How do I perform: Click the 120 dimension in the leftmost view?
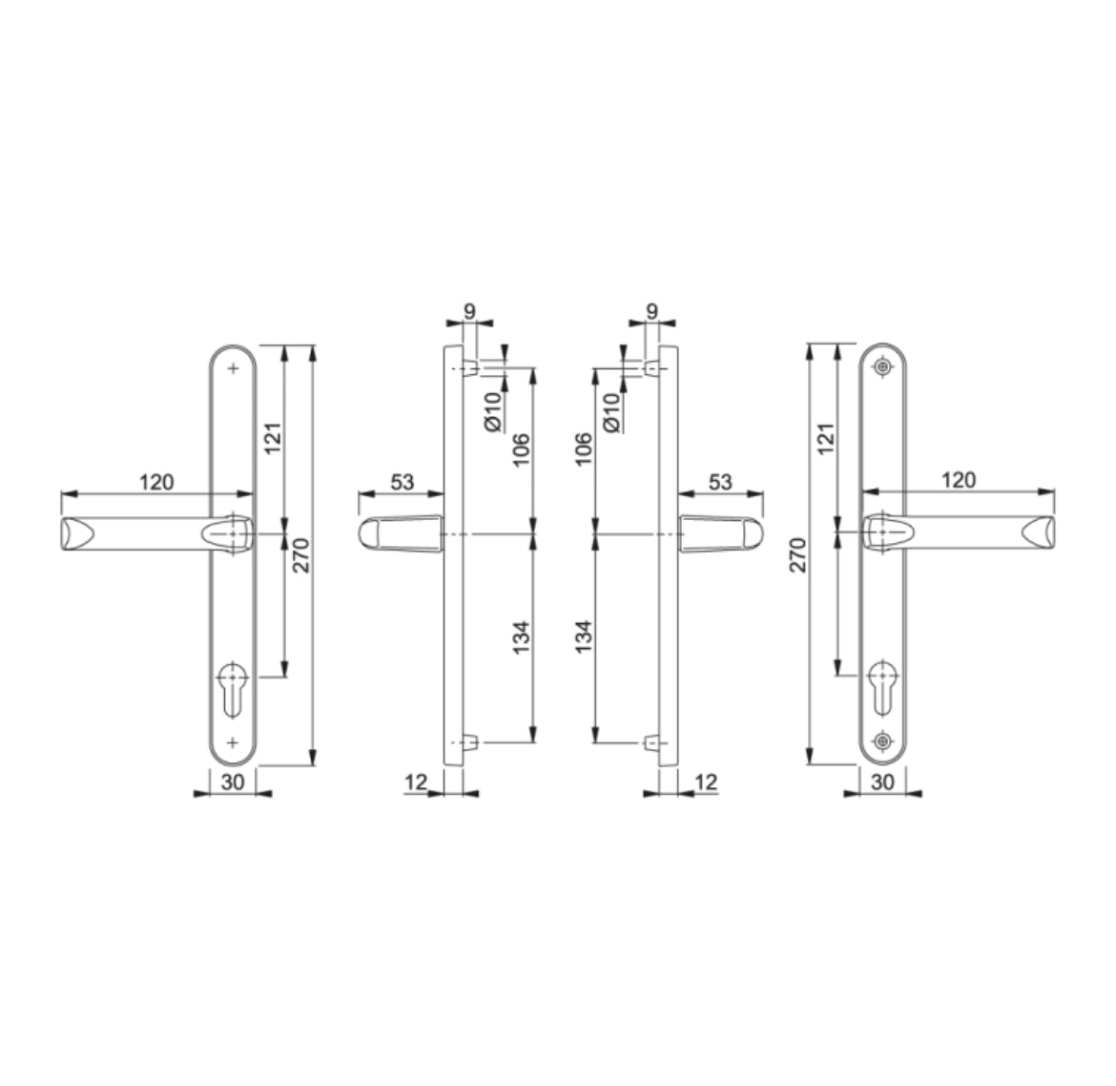click(156, 482)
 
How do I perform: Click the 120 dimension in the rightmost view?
click(958, 479)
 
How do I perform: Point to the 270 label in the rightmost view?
click(798, 554)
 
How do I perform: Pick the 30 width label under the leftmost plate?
click(233, 782)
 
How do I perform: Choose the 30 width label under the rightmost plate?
click(882, 782)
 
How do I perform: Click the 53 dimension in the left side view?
click(403, 482)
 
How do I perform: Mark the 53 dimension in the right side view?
click(720, 482)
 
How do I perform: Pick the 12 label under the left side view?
click(415, 782)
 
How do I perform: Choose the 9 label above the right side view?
click(651, 310)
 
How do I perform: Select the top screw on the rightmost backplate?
click(883, 365)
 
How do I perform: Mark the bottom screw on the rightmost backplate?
click(883, 741)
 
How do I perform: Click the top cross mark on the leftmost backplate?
click(233, 366)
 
